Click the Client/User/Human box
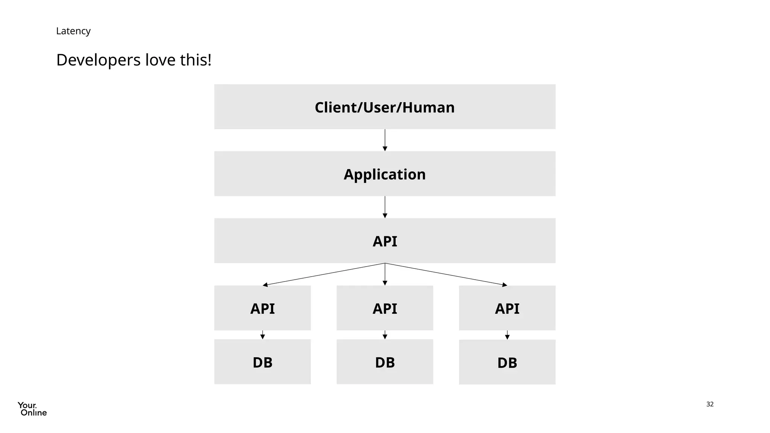(x=385, y=107)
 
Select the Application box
(x=385, y=174)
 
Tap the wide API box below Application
(x=385, y=241)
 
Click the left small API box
(x=262, y=308)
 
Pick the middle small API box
(x=385, y=308)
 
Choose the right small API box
(x=507, y=308)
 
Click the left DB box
(x=262, y=362)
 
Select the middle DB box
(x=385, y=362)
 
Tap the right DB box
(x=507, y=362)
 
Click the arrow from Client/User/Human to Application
(x=385, y=140)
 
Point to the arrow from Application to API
(x=385, y=207)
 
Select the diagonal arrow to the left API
(x=323, y=274)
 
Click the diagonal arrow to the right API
(x=446, y=274)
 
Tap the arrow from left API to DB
(x=262, y=335)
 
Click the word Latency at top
(x=73, y=31)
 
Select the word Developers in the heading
(x=98, y=60)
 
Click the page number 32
(x=710, y=404)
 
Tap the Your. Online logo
(x=32, y=409)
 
